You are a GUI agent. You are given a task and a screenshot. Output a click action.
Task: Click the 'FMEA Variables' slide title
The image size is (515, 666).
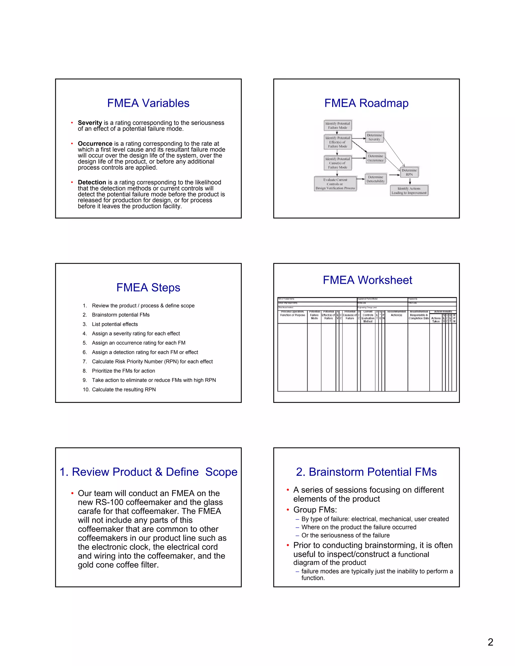click(x=148, y=103)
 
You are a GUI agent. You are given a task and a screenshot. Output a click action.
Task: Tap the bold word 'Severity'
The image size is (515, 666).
click(x=90, y=123)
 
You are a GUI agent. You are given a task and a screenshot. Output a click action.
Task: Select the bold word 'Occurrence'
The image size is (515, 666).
click(x=95, y=144)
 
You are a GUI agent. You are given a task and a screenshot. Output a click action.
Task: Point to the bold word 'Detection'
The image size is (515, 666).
click(x=92, y=182)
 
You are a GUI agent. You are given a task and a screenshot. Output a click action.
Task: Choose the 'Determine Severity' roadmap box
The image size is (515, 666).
click(x=374, y=137)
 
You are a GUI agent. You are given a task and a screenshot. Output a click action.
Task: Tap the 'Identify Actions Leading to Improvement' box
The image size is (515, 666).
click(x=409, y=191)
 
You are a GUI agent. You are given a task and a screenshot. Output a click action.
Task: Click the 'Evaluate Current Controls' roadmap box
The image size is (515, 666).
click(x=335, y=184)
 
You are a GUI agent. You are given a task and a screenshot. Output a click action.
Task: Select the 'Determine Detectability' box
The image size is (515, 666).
click(x=376, y=179)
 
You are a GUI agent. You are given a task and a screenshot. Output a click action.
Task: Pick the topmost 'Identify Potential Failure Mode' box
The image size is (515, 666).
click(x=337, y=126)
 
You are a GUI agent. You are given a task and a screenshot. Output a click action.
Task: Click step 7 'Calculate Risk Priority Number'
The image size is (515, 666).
click(x=152, y=361)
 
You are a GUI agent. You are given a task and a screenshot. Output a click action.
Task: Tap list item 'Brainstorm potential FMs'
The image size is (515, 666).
click(x=120, y=315)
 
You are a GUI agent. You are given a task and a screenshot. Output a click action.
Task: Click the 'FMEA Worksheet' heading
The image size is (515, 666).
click(x=367, y=280)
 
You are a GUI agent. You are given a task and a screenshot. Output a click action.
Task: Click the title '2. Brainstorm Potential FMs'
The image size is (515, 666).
click(x=366, y=472)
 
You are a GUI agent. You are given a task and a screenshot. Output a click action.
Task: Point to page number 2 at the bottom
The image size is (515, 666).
click(x=490, y=642)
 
